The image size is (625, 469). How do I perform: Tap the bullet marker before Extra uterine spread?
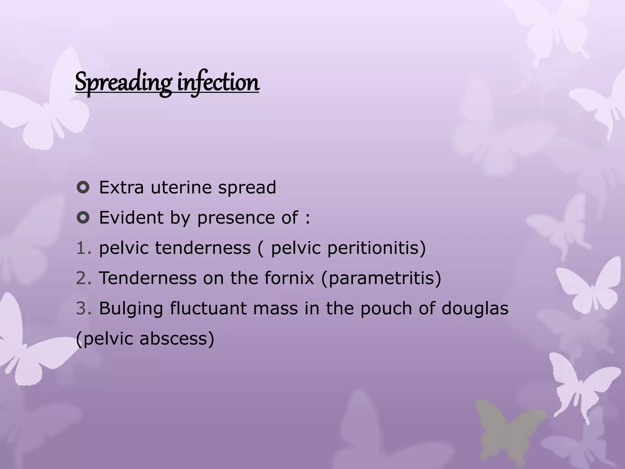click(x=83, y=187)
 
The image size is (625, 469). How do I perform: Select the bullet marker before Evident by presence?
click(x=83, y=218)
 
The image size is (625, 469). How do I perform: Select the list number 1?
click(x=82, y=248)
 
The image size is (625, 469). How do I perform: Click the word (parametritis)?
click(x=381, y=278)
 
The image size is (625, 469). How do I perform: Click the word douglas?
click(x=475, y=308)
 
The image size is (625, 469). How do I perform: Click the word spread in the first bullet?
click(x=247, y=188)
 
